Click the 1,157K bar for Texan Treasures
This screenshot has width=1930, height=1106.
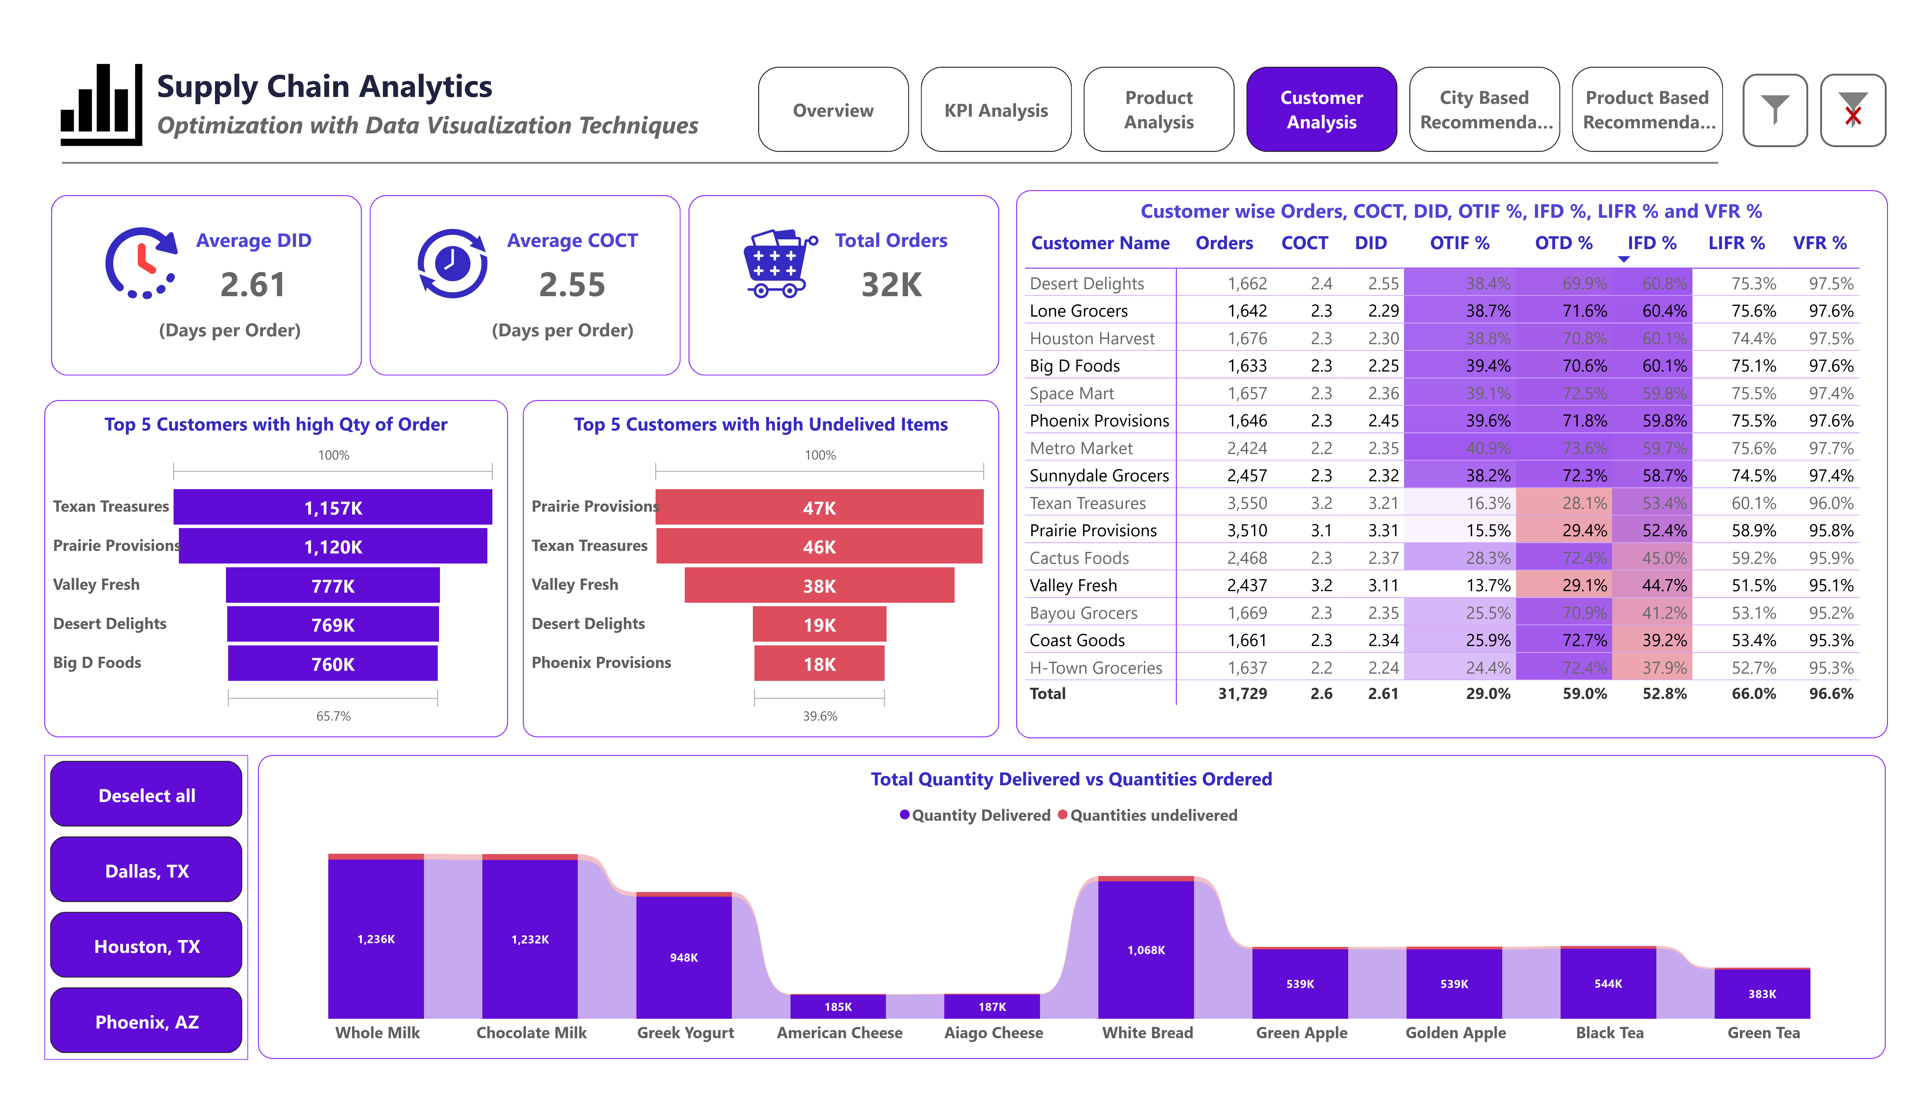[x=333, y=507]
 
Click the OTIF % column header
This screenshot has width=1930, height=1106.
[x=1459, y=243]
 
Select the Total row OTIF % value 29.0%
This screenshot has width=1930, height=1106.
[x=1487, y=693]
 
